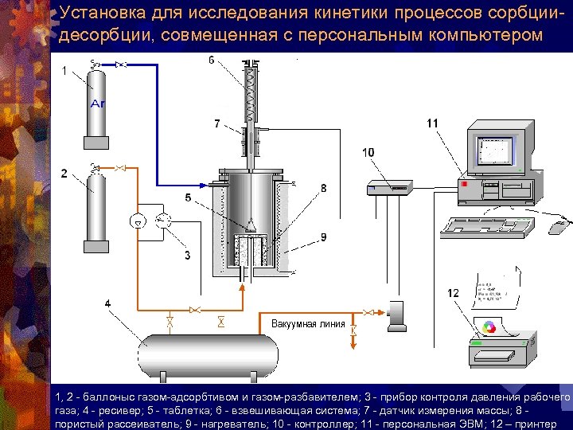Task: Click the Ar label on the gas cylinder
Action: pos(97,104)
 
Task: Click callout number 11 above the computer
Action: pos(432,123)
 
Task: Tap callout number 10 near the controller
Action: pos(368,152)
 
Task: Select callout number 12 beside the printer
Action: pos(453,293)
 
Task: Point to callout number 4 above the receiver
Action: pos(107,303)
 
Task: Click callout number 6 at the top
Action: pos(211,61)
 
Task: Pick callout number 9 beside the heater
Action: pos(323,236)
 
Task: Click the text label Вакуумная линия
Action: pos(308,324)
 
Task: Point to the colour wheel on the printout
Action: pos(490,326)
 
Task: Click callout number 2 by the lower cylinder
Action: pos(64,174)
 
